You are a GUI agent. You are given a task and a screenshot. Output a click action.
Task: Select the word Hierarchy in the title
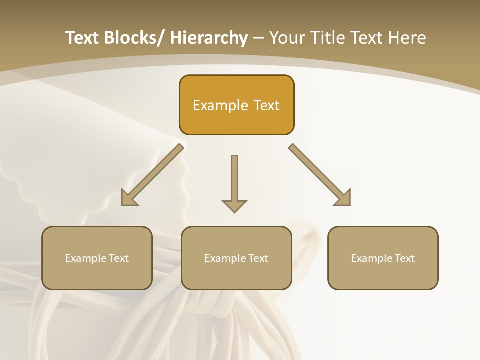pos(209,38)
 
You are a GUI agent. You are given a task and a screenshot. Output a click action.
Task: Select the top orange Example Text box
pos(236,105)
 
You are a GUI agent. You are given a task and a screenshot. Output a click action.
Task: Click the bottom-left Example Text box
pos(97,258)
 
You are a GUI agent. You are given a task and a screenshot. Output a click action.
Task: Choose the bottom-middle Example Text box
pos(236,258)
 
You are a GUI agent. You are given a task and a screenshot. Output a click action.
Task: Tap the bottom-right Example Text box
pos(383,258)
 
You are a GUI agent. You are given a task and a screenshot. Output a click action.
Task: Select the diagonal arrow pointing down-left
pos(152,175)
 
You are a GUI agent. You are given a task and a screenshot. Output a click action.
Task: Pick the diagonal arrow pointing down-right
pos(320,175)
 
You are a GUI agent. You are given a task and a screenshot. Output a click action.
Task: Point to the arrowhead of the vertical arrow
pos(234,206)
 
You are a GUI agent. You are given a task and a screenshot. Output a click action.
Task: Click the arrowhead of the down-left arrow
pos(129,198)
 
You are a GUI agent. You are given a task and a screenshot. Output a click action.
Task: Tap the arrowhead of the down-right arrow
pos(343,198)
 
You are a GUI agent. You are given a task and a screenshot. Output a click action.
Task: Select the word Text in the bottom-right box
pos(405,258)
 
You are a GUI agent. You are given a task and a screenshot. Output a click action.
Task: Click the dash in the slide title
pos(258,38)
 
